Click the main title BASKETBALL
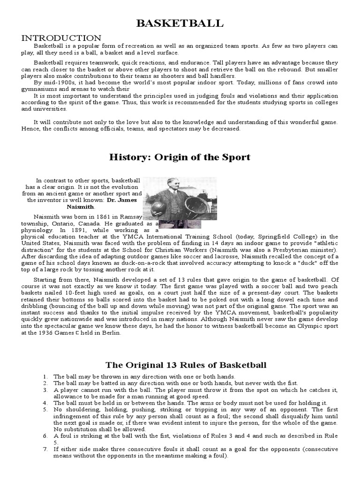[180, 23]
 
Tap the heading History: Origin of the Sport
[180, 157]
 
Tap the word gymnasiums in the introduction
[39, 89]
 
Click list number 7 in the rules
[45, 449]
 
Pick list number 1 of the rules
[45, 376]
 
